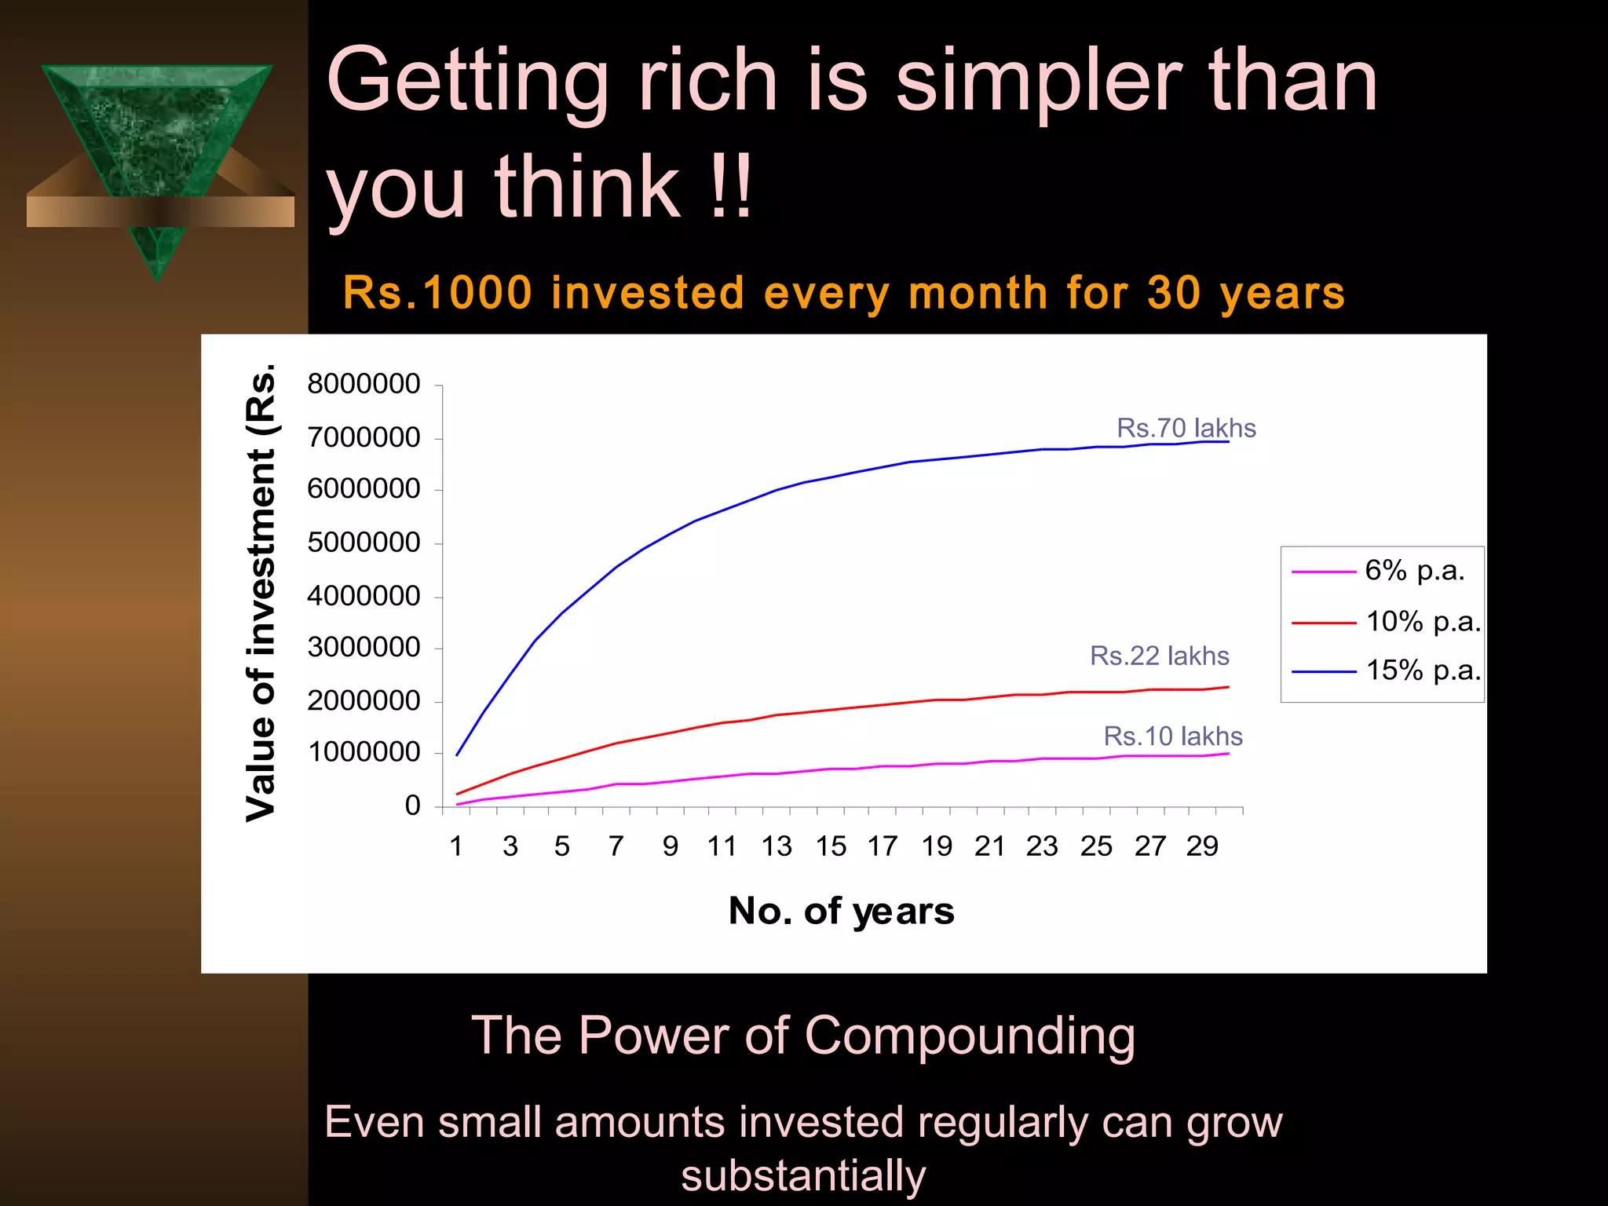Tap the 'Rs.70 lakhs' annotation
[1186, 428]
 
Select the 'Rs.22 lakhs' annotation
[1159, 656]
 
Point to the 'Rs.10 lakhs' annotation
[1172, 736]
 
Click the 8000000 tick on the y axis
[364, 385]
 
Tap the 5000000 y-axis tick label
[364, 543]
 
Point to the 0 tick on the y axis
[412, 806]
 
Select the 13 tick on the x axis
[776, 846]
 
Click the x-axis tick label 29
[1201, 846]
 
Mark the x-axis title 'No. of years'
[841, 911]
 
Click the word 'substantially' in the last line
[803, 1175]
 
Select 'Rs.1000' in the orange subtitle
[437, 293]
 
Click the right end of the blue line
[1227, 442]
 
